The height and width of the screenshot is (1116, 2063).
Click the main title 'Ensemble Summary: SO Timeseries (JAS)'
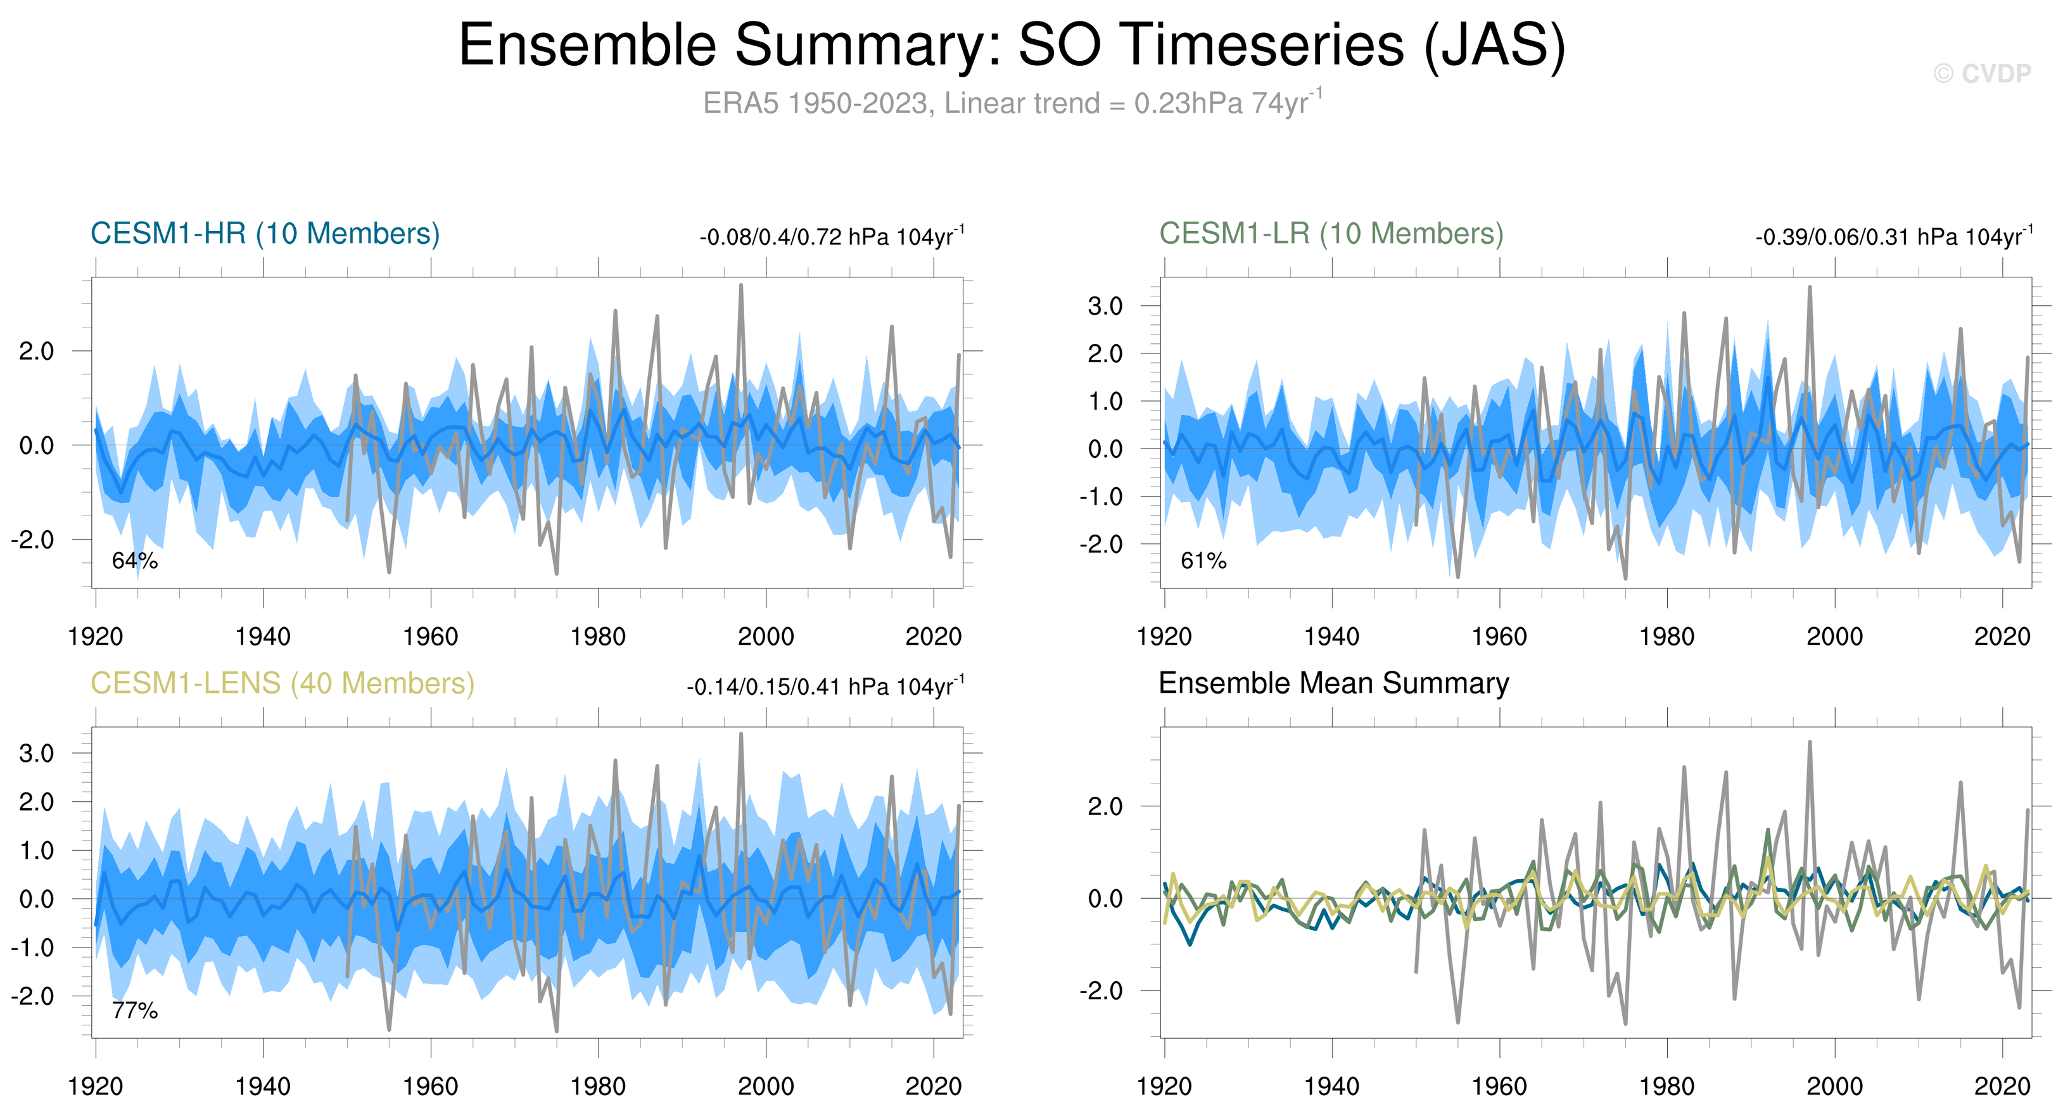click(1012, 46)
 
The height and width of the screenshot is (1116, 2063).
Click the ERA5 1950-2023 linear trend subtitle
click(1012, 103)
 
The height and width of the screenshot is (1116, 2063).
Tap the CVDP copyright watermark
click(1981, 73)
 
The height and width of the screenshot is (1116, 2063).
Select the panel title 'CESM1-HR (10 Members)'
click(265, 234)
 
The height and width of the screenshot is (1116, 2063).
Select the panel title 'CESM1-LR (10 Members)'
click(1331, 234)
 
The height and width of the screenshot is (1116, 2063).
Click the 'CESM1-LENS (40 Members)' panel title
click(282, 683)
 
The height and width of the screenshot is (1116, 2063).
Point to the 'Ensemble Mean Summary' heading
click(1333, 683)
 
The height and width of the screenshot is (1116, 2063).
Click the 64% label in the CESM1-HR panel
click(134, 561)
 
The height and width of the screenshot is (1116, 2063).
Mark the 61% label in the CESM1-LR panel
click(1203, 561)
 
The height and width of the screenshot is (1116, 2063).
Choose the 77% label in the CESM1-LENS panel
click(134, 1011)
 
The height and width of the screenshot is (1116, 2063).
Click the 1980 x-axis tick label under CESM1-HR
click(597, 637)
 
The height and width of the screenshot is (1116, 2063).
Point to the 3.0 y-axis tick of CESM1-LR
click(1105, 306)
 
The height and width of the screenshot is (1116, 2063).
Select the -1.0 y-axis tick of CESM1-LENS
click(32, 948)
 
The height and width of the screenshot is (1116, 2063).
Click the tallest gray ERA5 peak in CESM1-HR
click(741, 286)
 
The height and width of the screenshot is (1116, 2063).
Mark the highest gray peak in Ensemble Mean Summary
click(1809, 743)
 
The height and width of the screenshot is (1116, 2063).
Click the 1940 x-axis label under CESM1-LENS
click(263, 1087)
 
